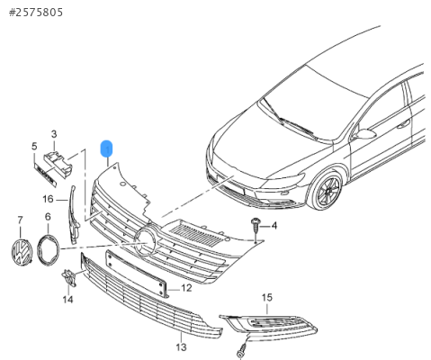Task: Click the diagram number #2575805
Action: click(36, 13)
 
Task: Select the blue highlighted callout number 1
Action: click(107, 148)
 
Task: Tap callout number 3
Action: click(54, 134)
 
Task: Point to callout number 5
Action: click(34, 147)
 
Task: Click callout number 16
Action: click(48, 199)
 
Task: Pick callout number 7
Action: click(20, 220)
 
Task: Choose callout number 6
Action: click(48, 217)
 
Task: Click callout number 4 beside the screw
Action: click(274, 226)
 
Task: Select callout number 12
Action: click(186, 288)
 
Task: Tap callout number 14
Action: click(67, 299)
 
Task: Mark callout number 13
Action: click(181, 347)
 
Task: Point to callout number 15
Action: click(266, 298)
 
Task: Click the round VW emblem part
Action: click(22, 252)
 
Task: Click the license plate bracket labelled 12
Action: click(137, 274)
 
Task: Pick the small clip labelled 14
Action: click(68, 277)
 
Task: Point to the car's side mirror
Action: click(364, 134)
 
